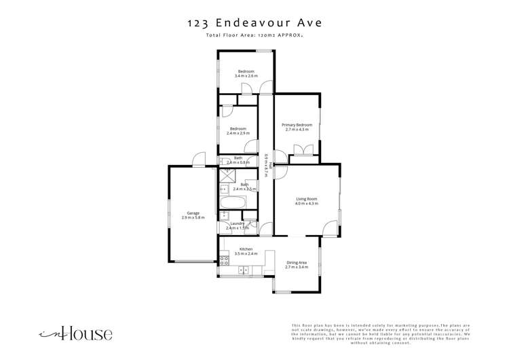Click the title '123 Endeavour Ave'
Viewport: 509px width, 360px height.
pyautogui.click(x=254, y=22)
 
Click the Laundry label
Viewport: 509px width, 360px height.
pyautogui.click(x=237, y=223)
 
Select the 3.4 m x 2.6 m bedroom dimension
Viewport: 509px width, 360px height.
pyautogui.click(x=246, y=75)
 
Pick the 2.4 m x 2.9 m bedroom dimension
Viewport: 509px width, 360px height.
pyautogui.click(x=238, y=133)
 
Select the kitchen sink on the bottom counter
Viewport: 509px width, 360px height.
pyautogui.click(x=244, y=270)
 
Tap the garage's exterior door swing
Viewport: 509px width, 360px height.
pyautogui.click(x=198, y=160)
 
